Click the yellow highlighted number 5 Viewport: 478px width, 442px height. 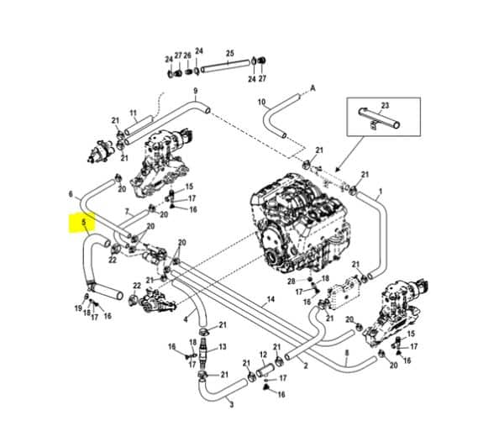pyautogui.click(x=83, y=224)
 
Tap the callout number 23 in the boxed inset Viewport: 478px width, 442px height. pyautogui.click(x=386, y=105)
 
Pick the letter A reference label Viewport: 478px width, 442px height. pyautogui.click(x=313, y=87)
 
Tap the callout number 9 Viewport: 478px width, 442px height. pyautogui.click(x=195, y=91)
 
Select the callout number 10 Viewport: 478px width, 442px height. pyautogui.click(x=261, y=103)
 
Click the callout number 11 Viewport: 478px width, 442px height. pyautogui.click(x=133, y=113)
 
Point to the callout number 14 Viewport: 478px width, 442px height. pyautogui.click(x=271, y=299)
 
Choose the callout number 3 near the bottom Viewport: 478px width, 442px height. pyautogui.click(x=231, y=404)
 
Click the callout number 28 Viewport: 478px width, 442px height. pyautogui.click(x=291, y=280)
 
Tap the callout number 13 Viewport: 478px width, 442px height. pyautogui.click(x=223, y=346)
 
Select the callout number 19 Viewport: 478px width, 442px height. pyautogui.click(x=78, y=309)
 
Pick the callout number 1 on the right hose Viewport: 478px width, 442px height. pyautogui.click(x=379, y=192)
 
